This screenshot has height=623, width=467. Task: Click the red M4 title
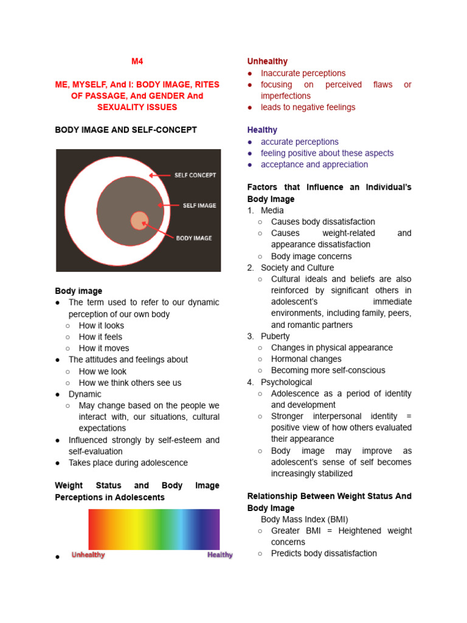(137, 61)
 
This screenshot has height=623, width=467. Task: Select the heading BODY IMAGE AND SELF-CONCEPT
(126, 130)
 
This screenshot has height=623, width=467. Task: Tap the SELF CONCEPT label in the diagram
(195, 175)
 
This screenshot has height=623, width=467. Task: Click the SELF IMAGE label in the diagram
(199, 206)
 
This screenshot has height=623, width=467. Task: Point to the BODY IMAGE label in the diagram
(194, 238)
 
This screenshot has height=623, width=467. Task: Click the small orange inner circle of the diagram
(139, 220)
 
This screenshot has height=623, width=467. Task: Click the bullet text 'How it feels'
(100, 336)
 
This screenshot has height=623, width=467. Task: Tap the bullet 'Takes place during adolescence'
(128, 462)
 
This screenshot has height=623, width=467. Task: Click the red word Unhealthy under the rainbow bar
(88, 555)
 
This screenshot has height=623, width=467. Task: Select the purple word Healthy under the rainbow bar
(220, 555)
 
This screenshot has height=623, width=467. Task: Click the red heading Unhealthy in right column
(267, 61)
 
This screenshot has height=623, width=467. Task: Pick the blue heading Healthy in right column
(262, 130)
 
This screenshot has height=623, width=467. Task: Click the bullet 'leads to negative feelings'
(308, 107)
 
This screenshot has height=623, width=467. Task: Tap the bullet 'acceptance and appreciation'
(314, 164)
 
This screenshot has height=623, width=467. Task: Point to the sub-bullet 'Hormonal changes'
(306, 359)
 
